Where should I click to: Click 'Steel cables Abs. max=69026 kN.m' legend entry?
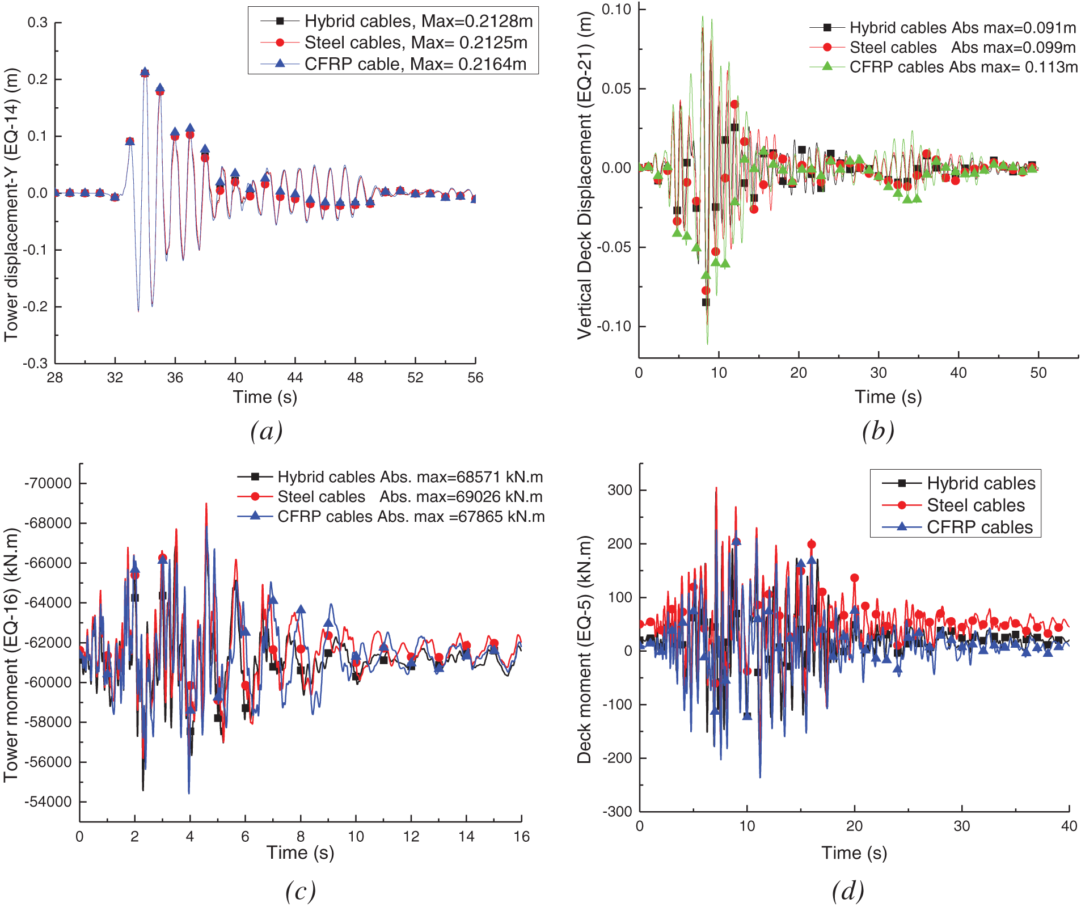pyautogui.click(x=409, y=497)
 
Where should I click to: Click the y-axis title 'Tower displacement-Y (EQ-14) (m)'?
pyautogui.click(x=11, y=204)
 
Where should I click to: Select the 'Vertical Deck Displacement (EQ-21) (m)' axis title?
pyautogui.click(x=585, y=176)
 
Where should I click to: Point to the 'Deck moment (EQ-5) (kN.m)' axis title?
pyautogui.click(x=584, y=649)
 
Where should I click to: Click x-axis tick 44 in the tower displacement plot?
pyautogui.click(x=295, y=378)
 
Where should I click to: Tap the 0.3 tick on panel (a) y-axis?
pyautogui.click(x=38, y=23)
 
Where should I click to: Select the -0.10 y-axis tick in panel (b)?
pyautogui.click(x=616, y=326)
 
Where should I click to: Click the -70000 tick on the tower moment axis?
pyautogui.click(x=48, y=483)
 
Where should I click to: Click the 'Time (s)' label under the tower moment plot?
pyautogui.click(x=300, y=853)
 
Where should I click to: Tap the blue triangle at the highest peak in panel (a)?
pyautogui.click(x=145, y=72)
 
